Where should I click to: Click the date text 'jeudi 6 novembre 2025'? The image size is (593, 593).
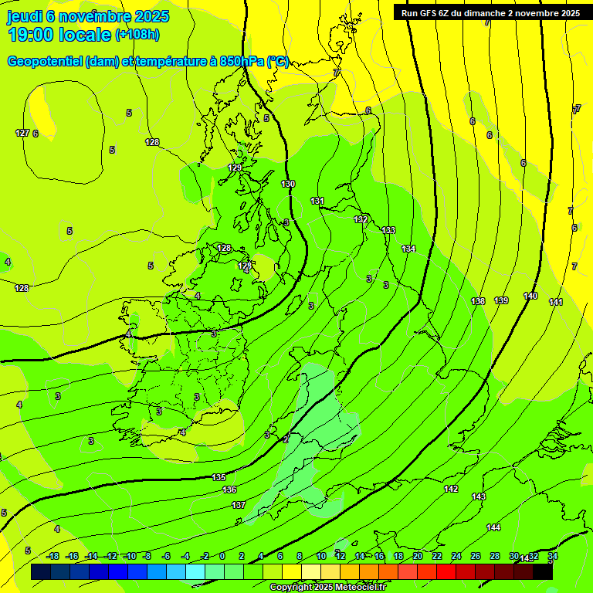(89, 16)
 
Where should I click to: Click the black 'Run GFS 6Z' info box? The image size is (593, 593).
(490, 12)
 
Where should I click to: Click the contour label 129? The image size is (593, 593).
(235, 168)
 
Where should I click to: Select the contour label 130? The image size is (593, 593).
(288, 184)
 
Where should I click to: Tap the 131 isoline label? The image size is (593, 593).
(317, 201)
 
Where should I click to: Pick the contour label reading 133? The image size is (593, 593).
(388, 230)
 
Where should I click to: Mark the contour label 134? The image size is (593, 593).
(408, 249)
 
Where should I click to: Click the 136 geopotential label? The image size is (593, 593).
(229, 490)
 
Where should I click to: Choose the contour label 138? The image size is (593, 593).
(478, 301)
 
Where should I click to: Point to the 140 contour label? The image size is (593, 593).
(530, 296)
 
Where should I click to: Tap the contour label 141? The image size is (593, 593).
(556, 302)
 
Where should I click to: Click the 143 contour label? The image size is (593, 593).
(478, 496)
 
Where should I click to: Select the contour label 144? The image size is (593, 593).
(493, 527)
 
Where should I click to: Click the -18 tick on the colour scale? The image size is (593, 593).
(53, 556)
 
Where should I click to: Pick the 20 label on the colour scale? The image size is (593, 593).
(417, 556)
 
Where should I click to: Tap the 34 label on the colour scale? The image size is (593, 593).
(552, 556)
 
